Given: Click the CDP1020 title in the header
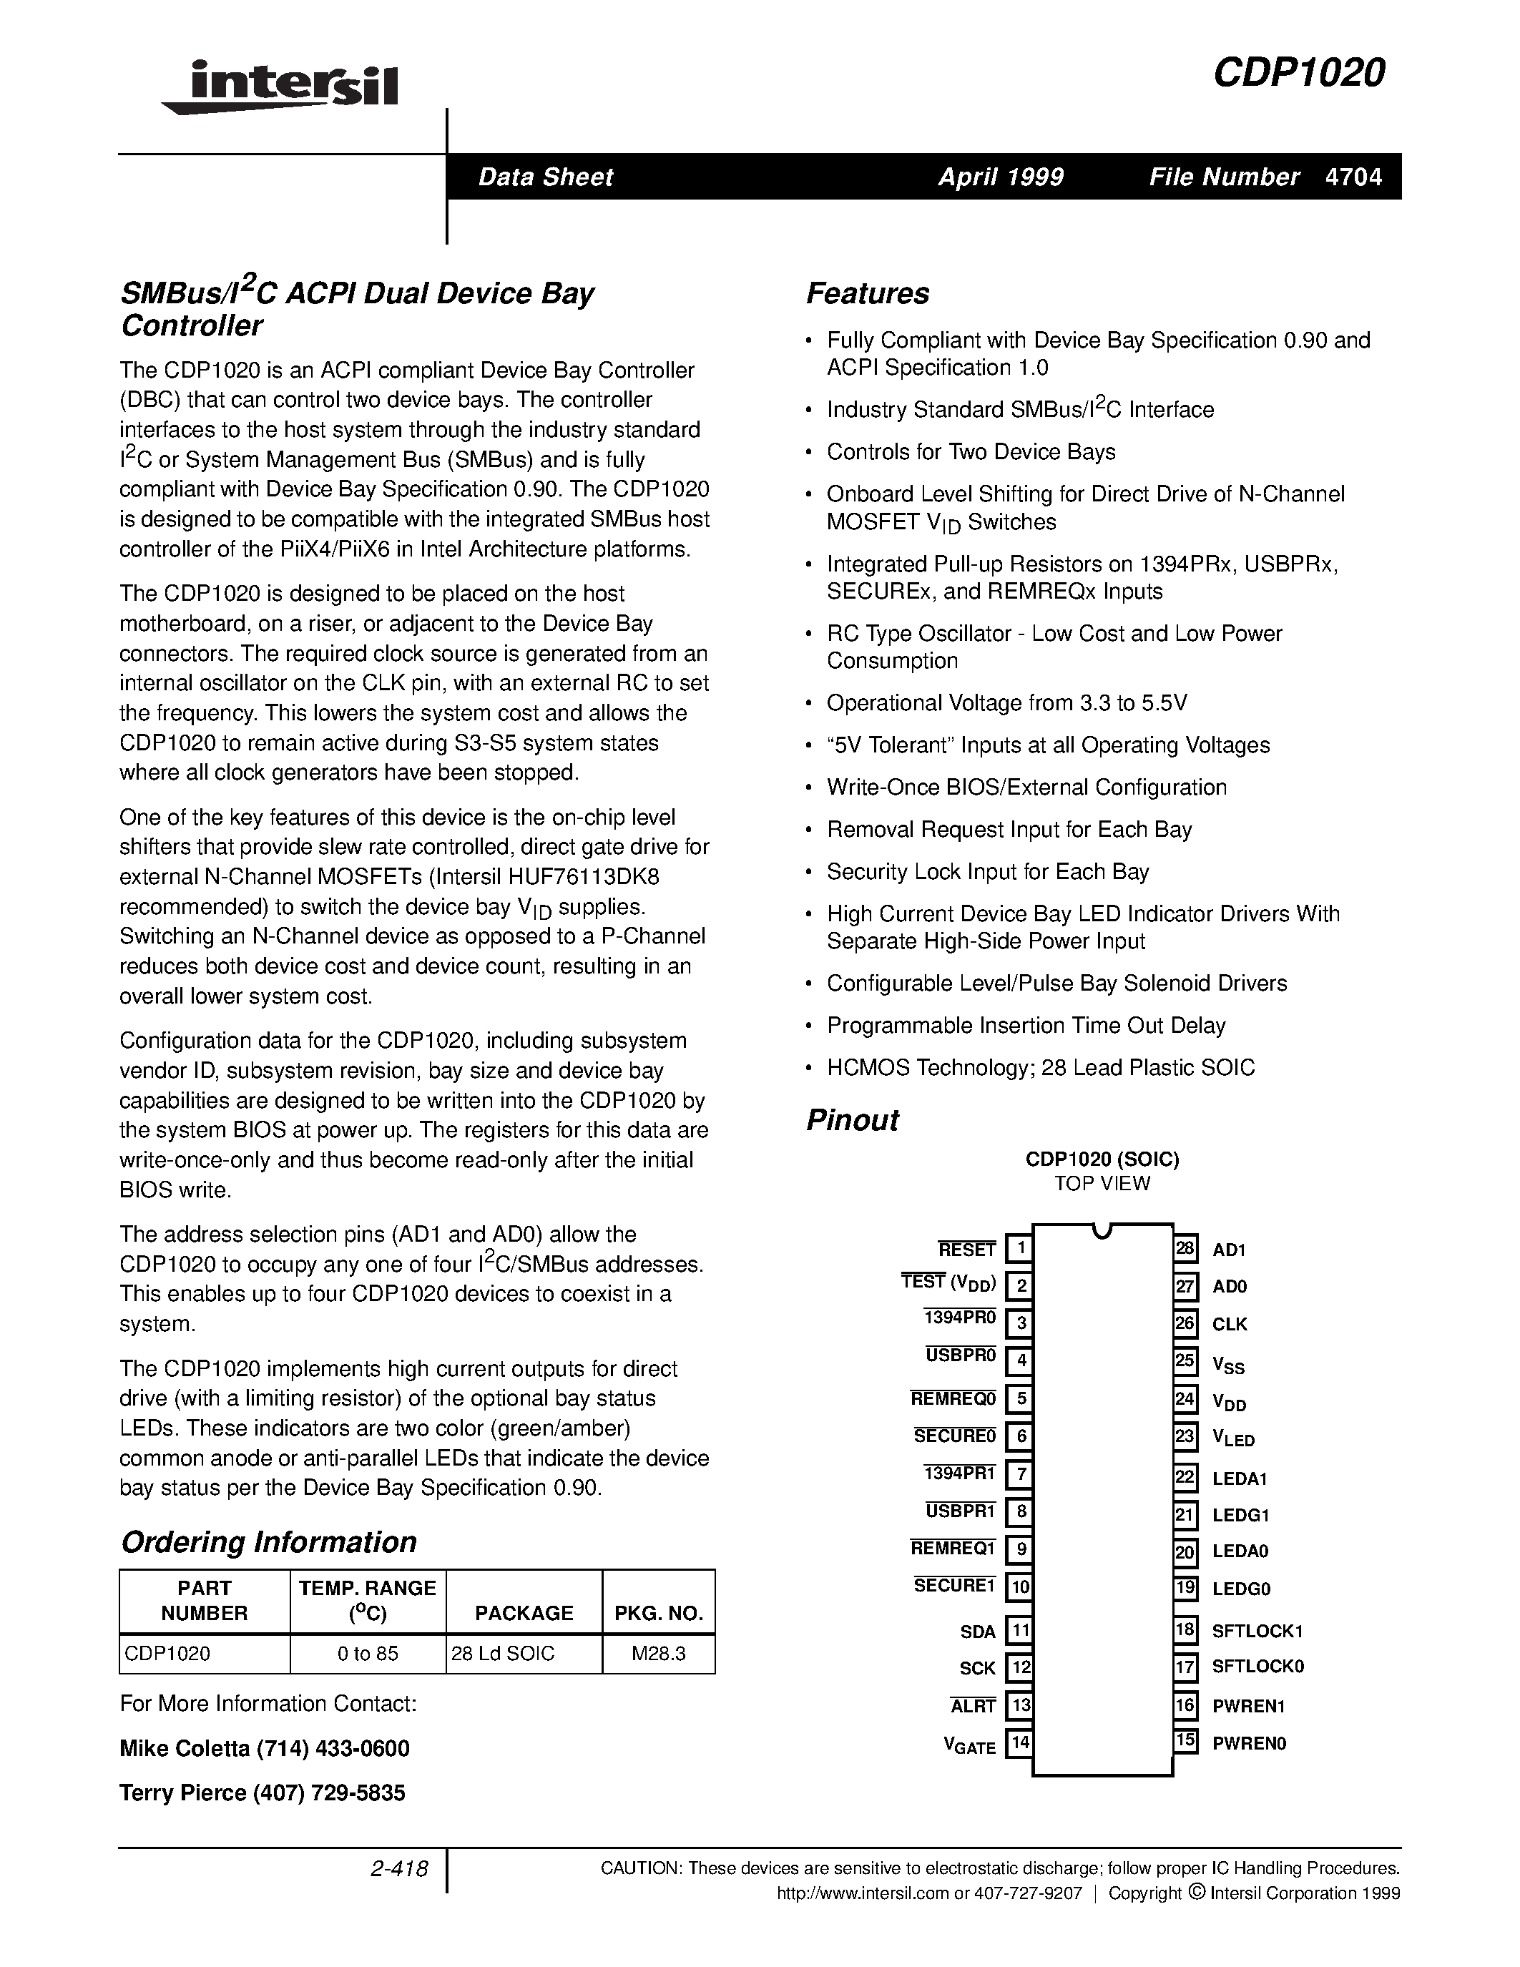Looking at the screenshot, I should (1298, 74).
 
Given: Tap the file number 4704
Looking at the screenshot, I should (1353, 177).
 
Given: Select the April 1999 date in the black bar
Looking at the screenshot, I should (1001, 177).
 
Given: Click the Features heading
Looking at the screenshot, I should (867, 293).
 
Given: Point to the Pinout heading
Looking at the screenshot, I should (852, 1120).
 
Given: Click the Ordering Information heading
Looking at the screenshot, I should (268, 1542).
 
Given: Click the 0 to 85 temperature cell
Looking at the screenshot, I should (368, 1654).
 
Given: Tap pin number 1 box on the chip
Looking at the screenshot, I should (1019, 1248).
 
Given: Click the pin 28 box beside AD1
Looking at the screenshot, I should (1185, 1248).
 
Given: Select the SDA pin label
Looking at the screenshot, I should (977, 1631).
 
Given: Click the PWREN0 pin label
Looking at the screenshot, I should (1249, 1742).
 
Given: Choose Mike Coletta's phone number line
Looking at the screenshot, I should (265, 1748).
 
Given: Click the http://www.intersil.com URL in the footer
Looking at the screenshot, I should (863, 1893).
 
